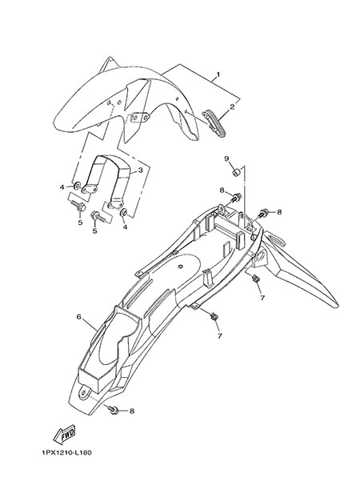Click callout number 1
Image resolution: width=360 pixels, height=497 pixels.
click(x=218, y=74)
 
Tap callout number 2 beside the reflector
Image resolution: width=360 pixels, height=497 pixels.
click(x=232, y=106)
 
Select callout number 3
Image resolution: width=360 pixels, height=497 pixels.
click(x=140, y=170)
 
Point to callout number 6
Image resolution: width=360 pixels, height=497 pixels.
click(x=79, y=317)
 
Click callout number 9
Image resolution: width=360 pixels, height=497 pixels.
click(x=226, y=158)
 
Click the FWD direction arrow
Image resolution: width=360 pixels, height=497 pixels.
click(x=64, y=435)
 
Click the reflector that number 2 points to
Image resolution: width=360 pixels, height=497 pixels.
click(x=214, y=123)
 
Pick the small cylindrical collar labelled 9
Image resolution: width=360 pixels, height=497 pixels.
click(x=235, y=173)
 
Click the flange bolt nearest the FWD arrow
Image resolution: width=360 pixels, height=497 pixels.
click(x=113, y=410)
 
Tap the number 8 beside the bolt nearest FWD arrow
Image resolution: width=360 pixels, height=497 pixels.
click(x=131, y=411)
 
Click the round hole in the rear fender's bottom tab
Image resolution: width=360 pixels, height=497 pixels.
click(x=84, y=393)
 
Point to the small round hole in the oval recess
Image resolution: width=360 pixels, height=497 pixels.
click(x=180, y=267)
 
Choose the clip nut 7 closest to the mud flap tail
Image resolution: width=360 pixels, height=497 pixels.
click(x=254, y=279)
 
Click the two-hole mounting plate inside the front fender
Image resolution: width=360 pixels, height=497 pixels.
click(x=140, y=117)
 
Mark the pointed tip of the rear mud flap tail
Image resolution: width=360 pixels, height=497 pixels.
click(x=338, y=307)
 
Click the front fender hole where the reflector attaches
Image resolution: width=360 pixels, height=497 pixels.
click(x=186, y=111)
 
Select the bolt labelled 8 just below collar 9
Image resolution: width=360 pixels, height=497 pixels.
click(x=236, y=197)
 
